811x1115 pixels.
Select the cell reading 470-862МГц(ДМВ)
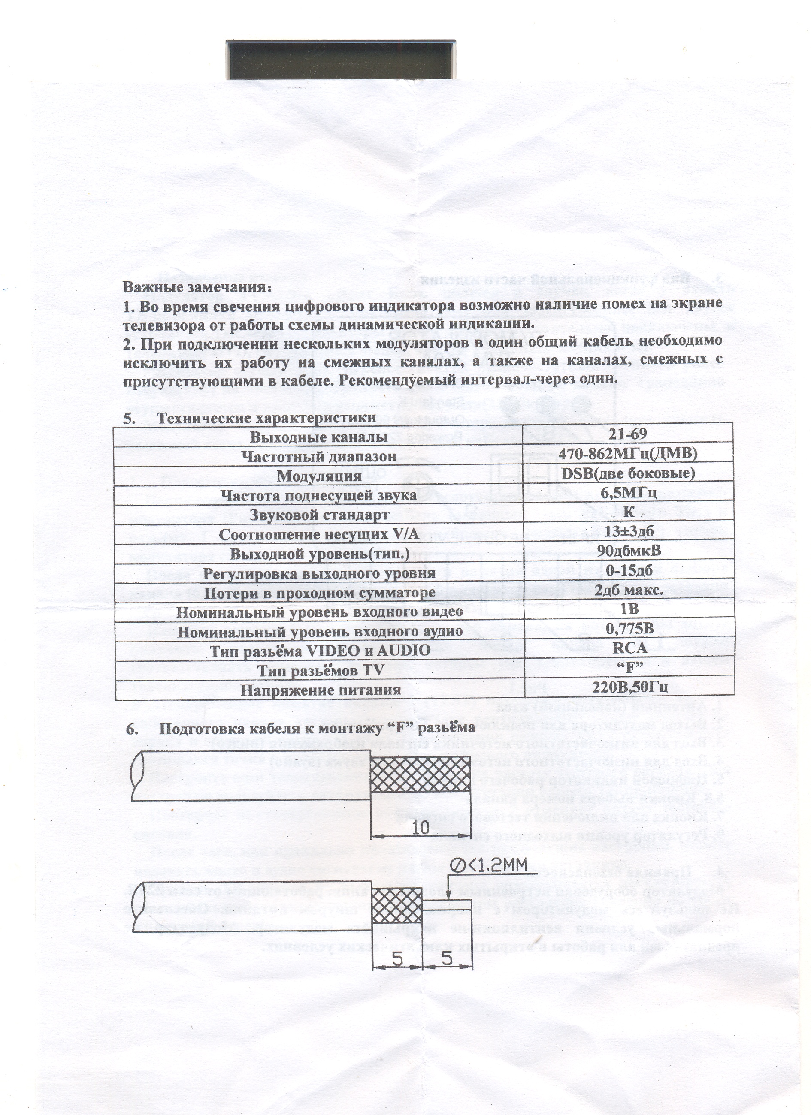point(627,453)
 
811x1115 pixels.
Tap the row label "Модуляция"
point(319,476)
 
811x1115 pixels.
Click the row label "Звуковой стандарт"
point(319,515)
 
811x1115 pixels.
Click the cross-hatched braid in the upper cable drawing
point(420,772)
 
